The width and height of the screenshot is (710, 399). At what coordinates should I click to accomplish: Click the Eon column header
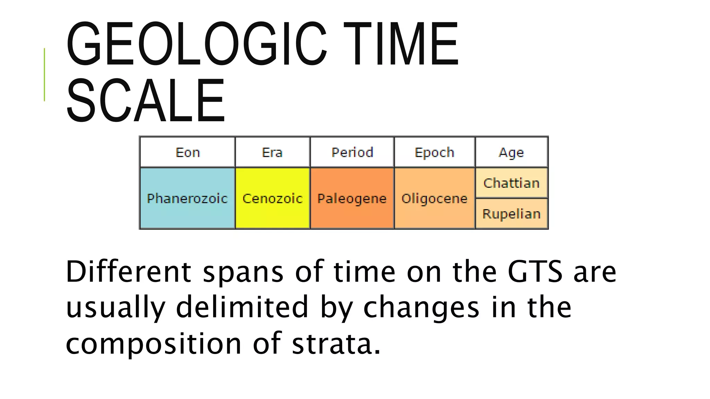[x=188, y=152]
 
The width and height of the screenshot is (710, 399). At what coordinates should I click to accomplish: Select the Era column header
[x=272, y=152]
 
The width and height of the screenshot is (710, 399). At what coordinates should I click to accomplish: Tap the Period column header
[x=352, y=152]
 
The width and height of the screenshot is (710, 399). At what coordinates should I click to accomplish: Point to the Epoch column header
[x=434, y=152]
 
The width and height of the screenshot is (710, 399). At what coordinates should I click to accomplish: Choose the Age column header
[x=511, y=152]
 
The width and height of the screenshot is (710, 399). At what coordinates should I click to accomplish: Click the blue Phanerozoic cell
[x=187, y=198]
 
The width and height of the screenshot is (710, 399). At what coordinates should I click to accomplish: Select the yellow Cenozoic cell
[x=272, y=198]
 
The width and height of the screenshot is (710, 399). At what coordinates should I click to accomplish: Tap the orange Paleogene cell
[x=352, y=198]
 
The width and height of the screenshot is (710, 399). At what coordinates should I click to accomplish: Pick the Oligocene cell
[x=434, y=198]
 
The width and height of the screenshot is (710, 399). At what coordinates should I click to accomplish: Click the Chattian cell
[x=512, y=183]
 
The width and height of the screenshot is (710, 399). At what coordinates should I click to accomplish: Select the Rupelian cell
[x=512, y=214]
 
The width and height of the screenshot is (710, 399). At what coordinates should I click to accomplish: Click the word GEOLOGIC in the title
[x=196, y=44]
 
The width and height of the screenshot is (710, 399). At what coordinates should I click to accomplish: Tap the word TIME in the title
[x=401, y=44]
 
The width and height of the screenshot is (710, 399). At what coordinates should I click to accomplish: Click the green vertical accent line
[x=44, y=74]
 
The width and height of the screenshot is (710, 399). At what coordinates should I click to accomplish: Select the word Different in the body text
[x=128, y=272]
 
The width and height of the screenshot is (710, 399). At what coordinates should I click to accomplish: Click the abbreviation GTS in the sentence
[x=535, y=272]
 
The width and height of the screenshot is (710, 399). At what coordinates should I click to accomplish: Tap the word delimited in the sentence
[x=242, y=307]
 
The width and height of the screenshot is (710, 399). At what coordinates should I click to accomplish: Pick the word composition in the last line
[x=153, y=344]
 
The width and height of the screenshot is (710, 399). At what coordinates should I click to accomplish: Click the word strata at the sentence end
[x=332, y=344]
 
